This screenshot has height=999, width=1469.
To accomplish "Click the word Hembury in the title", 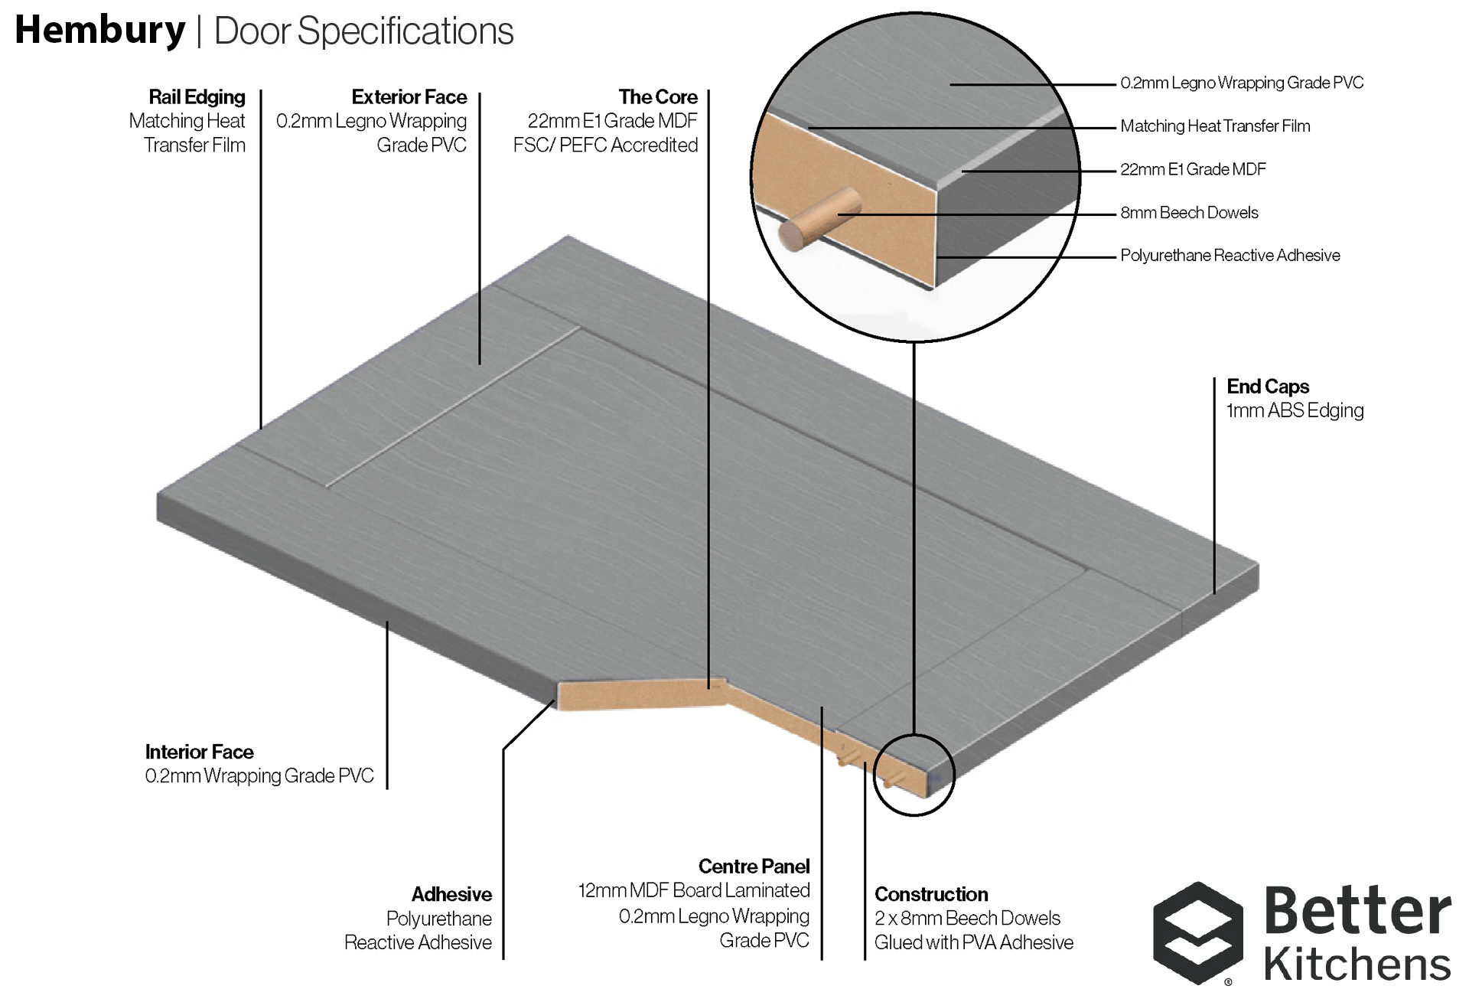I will tap(100, 31).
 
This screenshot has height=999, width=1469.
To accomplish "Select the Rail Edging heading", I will tap(197, 97).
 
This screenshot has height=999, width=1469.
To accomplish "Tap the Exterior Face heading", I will tap(409, 97).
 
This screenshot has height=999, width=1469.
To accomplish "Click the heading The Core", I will tap(658, 97).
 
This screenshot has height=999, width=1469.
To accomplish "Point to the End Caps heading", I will tap(1268, 387).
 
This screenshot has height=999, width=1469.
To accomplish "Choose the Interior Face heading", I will tap(199, 752).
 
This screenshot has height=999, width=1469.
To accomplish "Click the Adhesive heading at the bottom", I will tap(451, 894).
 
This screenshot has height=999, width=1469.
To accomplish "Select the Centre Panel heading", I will tap(754, 866).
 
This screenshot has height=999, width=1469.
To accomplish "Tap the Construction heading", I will tap(931, 894).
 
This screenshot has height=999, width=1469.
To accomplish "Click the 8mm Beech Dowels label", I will tap(1189, 213).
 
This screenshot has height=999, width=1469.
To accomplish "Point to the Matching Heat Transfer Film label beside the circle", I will tap(1215, 126).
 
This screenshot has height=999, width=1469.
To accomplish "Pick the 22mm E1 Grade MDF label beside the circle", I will tap(1193, 169).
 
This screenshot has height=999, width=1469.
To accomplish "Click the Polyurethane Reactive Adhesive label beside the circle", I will tap(1230, 256).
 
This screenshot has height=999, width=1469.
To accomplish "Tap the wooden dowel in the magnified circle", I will tap(819, 218).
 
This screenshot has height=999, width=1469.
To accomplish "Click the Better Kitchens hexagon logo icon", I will tap(1197, 932).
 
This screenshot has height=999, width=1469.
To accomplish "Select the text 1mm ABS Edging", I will tap(1295, 411).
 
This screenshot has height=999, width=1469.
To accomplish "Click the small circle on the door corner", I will tap(914, 775).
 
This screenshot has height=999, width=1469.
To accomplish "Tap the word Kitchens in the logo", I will tap(1357, 964).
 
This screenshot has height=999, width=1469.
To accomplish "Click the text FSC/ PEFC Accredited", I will tap(605, 145).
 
